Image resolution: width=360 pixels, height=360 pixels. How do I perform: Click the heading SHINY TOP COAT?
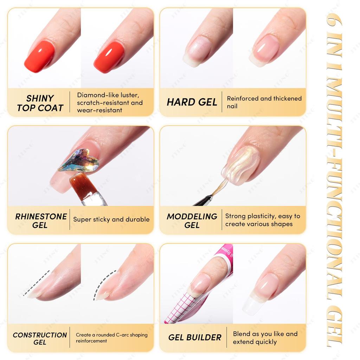pos(40,103)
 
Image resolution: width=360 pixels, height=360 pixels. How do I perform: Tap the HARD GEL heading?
pos(192,102)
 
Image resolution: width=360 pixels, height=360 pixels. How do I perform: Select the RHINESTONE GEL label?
pos(41,220)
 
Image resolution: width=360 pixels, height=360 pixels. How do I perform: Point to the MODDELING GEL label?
pos(192,220)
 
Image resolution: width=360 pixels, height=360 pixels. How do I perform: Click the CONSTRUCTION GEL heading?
pos(40,339)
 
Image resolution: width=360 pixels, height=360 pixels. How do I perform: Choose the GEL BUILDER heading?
pos(195,337)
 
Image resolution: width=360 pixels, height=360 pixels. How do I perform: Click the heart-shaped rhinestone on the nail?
pos(79,161)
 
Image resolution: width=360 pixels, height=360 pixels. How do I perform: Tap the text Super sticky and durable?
pos(111,219)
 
